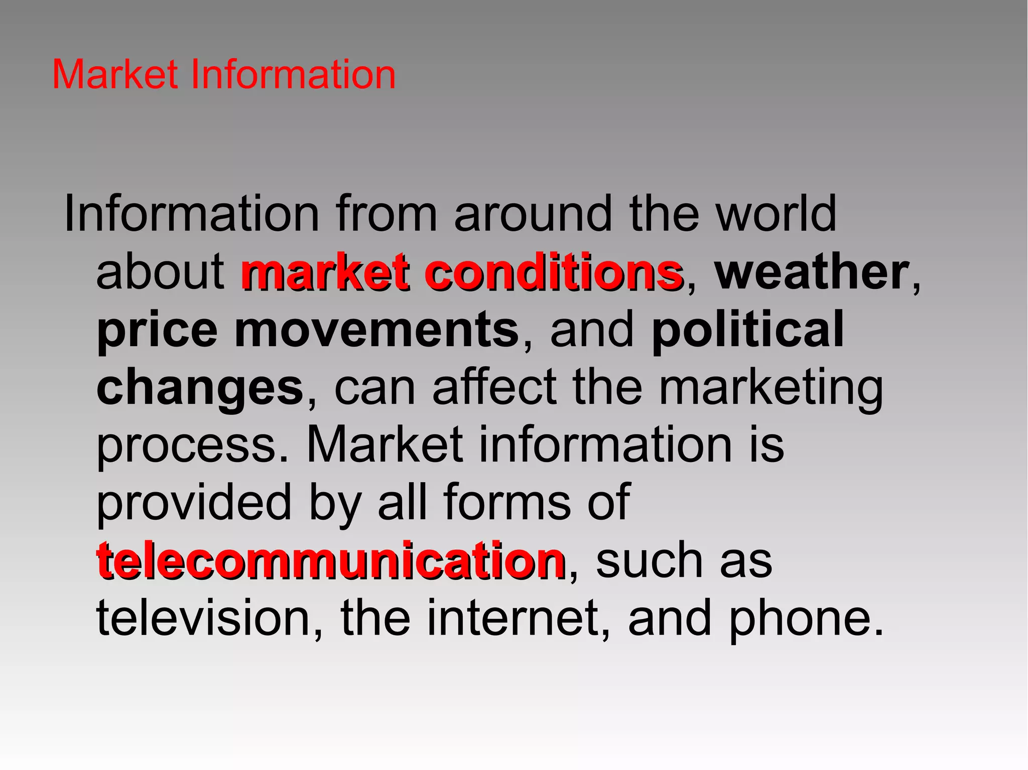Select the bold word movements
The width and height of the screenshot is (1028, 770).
[376, 330]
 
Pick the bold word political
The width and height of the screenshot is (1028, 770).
[748, 330]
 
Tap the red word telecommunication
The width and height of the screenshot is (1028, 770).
[331, 560]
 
